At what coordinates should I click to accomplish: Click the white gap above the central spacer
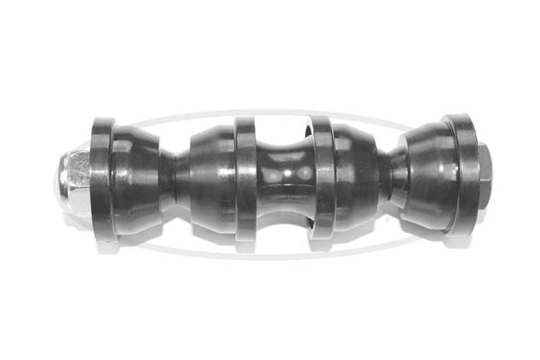[283, 130]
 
